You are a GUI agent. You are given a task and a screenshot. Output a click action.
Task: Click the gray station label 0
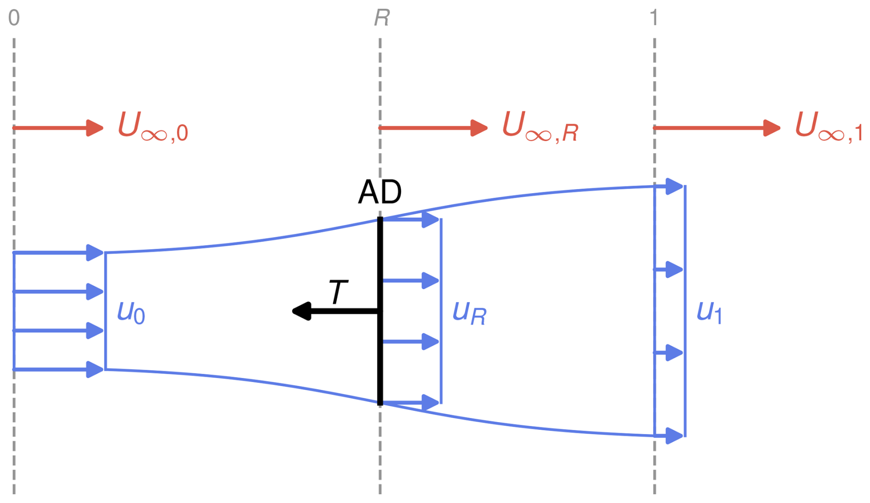tap(14, 18)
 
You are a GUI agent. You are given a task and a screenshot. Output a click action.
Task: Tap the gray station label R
tap(382, 18)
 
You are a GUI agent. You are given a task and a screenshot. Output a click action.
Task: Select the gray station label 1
tap(654, 18)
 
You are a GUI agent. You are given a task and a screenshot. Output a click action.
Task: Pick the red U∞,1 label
tap(828, 127)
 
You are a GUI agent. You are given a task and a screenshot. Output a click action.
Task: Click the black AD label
tap(380, 192)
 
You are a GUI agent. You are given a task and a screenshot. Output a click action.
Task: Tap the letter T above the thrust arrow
tap(338, 292)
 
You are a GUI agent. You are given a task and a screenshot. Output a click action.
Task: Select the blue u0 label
tap(131, 313)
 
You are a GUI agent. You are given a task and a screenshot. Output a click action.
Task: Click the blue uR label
tap(469, 314)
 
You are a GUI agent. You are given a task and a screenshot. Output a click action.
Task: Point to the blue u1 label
tap(709, 313)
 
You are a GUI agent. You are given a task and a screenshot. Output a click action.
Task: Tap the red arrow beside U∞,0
tap(57, 128)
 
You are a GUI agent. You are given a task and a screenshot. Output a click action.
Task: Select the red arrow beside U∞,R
tap(433, 128)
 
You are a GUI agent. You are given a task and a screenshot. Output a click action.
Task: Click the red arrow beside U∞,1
tap(716, 128)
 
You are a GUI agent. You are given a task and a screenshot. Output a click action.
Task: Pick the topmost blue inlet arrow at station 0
tap(57, 253)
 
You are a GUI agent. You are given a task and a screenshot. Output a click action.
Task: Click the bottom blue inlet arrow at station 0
tap(57, 369)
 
